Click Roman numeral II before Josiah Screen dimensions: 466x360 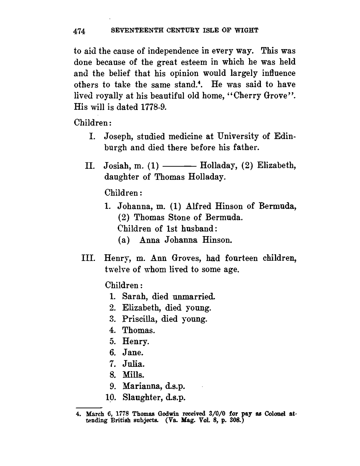coord(89,166)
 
